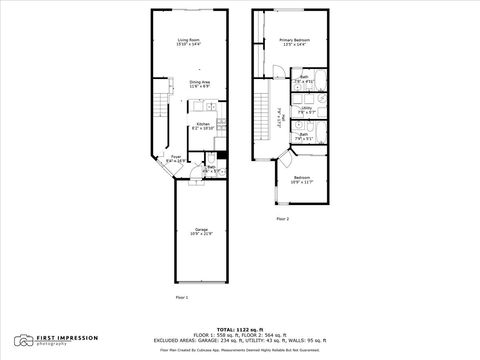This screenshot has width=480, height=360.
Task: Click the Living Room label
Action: click(189, 42)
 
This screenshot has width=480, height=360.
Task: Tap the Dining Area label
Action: click(198, 85)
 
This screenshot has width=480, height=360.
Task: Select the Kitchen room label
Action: click(203, 127)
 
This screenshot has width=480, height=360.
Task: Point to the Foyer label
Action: click(176, 158)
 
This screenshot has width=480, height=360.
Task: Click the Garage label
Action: click(201, 231)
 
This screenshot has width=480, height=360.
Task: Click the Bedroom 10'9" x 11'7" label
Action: click(302, 180)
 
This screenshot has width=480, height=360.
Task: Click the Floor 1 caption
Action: click(182, 297)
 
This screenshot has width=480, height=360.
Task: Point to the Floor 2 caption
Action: click(283, 218)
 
